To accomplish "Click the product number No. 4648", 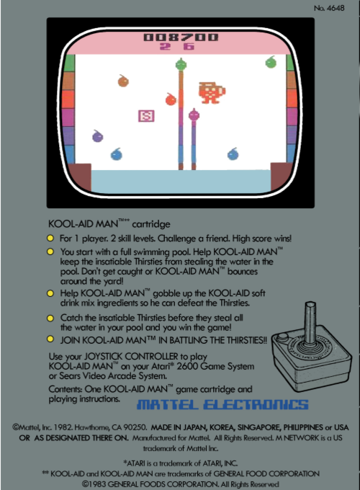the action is pos(329,8).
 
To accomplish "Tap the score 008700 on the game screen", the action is pos(181,37).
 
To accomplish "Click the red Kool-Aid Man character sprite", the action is pos(212,92).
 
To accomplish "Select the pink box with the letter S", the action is pos(146,116).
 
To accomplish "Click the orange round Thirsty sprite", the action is pos(123,81).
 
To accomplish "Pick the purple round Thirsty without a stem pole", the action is pos(97,136).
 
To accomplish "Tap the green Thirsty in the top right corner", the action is pos(271,62).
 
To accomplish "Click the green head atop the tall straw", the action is pos(181,64).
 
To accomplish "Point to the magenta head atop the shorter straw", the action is pos(194,115).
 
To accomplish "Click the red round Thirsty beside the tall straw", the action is pos(171,99).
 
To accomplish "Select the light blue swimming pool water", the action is pos(181,182).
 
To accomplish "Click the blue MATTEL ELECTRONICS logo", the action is pos(222,404).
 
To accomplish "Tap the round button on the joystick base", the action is pos(283,337).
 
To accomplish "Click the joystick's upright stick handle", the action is pos(310,323).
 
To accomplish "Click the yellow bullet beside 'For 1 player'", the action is pos(50,239).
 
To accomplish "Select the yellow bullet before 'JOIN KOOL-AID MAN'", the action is pos(50,339).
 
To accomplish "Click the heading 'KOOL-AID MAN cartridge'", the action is pos(109,224).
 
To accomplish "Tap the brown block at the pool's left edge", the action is pos(80,177).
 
